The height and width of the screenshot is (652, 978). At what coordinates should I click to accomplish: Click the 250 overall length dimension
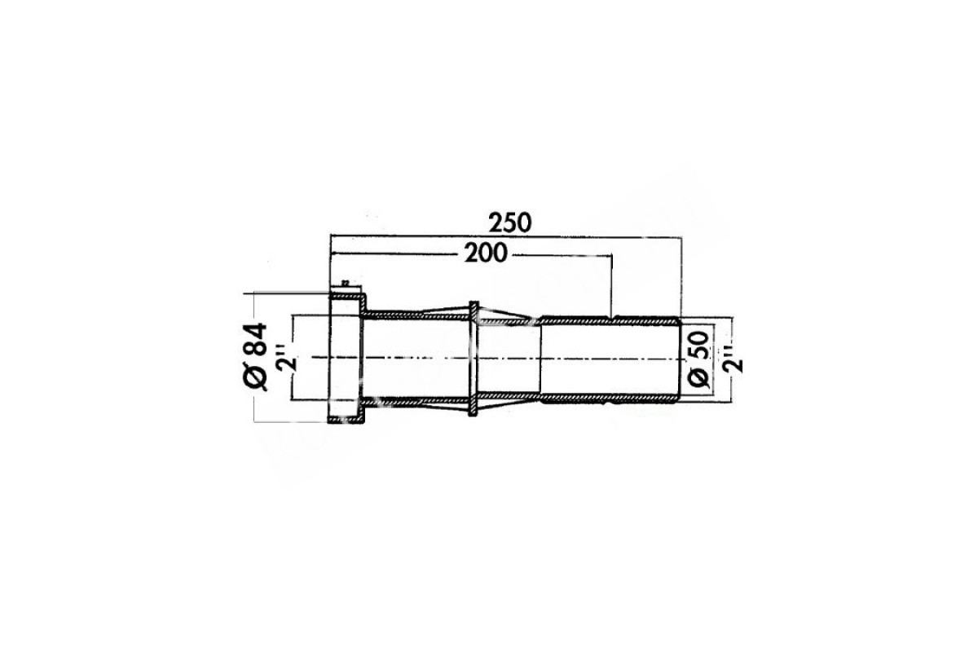tap(509, 222)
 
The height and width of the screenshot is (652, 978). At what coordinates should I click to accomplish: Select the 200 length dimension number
tap(486, 253)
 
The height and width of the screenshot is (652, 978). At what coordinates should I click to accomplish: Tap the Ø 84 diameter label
tap(255, 356)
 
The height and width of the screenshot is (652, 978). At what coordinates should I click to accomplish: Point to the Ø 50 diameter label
tap(698, 359)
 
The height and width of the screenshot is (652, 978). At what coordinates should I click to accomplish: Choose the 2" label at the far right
tap(733, 359)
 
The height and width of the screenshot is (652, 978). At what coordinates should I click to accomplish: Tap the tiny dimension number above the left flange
tap(346, 283)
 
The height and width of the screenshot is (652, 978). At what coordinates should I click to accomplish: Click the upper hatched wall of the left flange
tap(347, 297)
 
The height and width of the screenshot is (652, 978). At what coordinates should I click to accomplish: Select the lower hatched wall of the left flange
tap(346, 420)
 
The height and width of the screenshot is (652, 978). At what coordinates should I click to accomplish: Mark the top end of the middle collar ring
tap(474, 302)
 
